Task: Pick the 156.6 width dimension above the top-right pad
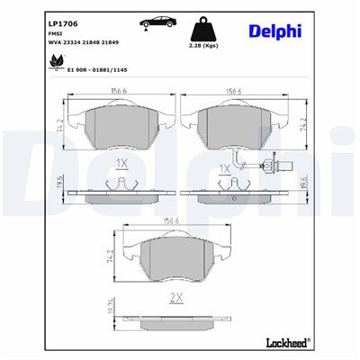tap(236, 90)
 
